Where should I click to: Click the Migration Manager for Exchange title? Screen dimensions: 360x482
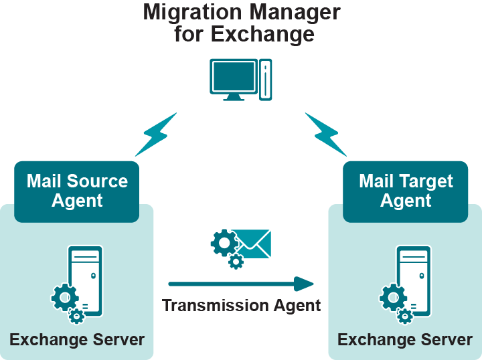[242, 23]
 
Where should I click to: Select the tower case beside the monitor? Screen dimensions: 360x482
[266, 80]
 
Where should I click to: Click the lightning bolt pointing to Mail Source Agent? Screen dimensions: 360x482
[156, 134]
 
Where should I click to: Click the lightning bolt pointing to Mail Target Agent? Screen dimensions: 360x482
[325, 134]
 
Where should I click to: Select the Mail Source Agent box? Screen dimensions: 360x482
[77, 191]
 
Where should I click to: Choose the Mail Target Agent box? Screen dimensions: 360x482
[405, 191]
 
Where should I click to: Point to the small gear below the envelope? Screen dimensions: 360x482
[236, 261]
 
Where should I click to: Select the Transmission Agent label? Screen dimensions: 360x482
[242, 306]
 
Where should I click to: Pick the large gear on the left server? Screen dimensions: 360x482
[64, 296]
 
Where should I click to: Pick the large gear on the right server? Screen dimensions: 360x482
[393, 296]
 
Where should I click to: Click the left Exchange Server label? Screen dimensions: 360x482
[77, 339]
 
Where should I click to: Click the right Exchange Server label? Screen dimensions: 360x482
[405, 339]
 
